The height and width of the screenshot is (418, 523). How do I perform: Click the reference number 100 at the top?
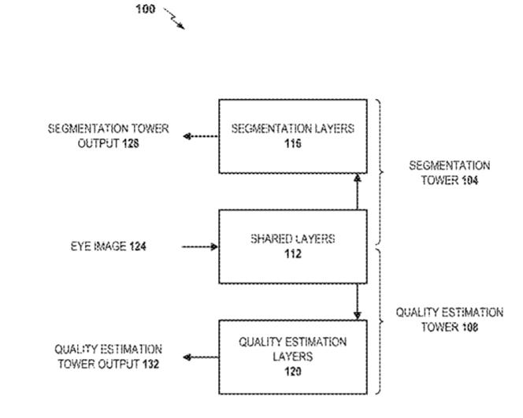point(146,10)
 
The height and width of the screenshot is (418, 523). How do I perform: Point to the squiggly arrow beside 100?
point(175,19)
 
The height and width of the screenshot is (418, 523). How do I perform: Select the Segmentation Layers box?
point(292,135)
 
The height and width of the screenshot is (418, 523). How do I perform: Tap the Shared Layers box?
point(292,246)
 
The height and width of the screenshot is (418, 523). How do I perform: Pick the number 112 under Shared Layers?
point(293,253)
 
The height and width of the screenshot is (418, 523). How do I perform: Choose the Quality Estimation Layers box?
point(292,357)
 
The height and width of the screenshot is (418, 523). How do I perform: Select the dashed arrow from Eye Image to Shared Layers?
point(199,246)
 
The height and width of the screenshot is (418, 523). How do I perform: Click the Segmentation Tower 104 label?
point(450,172)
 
